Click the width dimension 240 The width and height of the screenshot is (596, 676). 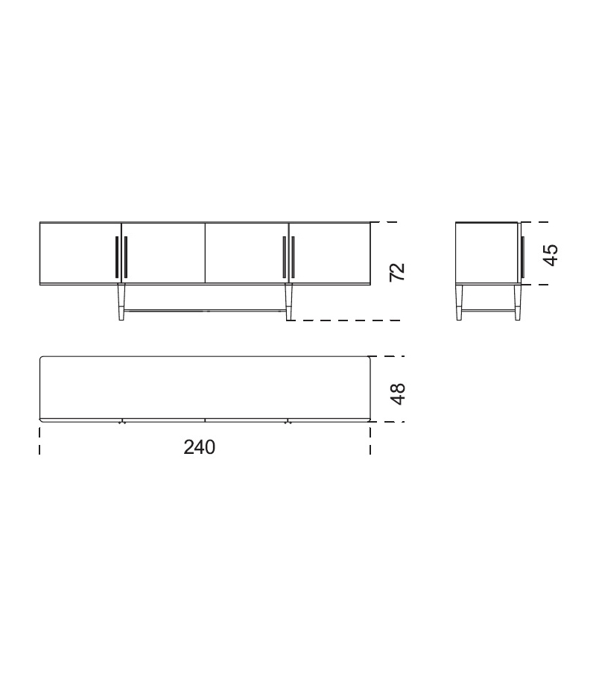pyautogui.click(x=200, y=447)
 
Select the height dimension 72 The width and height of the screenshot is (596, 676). pyautogui.click(x=398, y=271)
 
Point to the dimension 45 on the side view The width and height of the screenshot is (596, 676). pyautogui.click(x=550, y=254)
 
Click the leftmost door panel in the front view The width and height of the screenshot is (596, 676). pyautogui.click(x=79, y=253)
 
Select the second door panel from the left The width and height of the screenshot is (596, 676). pyautogui.click(x=164, y=253)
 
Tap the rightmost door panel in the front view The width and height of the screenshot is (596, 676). pyautogui.click(x=330, y=253)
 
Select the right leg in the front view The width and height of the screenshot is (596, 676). pyautogui.click(x=288, y=303)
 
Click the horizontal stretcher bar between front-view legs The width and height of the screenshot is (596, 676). pyautogui.click(x=205, y=311)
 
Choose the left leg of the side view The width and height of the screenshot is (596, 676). pyautogui.click(x=460, y=303)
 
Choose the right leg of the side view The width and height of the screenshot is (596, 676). pyautogui.click(x=517, y=303)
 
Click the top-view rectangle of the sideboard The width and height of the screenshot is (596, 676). pyautogui.click(x=205, y=388)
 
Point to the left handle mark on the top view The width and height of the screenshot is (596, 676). pyautogui.click(x=121, y=422)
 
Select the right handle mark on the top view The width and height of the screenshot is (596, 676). pyautogui.click(x=288, y=422)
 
